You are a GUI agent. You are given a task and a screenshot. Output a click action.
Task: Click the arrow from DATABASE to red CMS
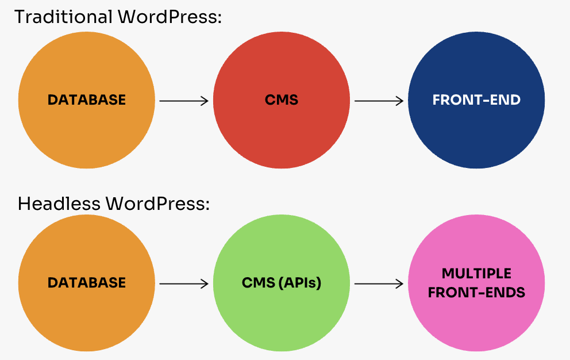pyautogui.click(x=184, y=101)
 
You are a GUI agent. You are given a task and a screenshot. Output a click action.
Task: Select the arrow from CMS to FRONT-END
pyautogui.click(x=379, y=101)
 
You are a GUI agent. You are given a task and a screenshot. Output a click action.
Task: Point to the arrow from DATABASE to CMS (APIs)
pyautogui.click(x=184, y=284)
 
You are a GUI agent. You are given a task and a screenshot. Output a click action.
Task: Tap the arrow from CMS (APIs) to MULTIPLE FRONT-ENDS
pyautogui.click(x=379, y=284)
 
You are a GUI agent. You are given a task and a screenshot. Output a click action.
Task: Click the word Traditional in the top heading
pyautogui.click(x=63, y=17)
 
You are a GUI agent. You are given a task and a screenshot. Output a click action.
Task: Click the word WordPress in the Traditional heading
pyautogui.click(x=169, y=17)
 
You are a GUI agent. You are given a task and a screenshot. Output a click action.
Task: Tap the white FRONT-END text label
pyautogui.click(x=476, y=100)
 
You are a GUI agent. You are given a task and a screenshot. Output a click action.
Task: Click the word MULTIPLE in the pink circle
pyautogui.click(x=476, y=273)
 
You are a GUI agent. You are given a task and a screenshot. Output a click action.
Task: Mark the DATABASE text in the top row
pyautogui.click(x=87, y=100)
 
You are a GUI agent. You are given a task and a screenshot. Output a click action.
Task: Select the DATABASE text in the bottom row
pyautogui.click(x=87, y=283)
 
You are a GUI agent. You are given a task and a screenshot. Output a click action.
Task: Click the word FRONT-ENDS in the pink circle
pyautogui.click(x=476, y=292)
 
